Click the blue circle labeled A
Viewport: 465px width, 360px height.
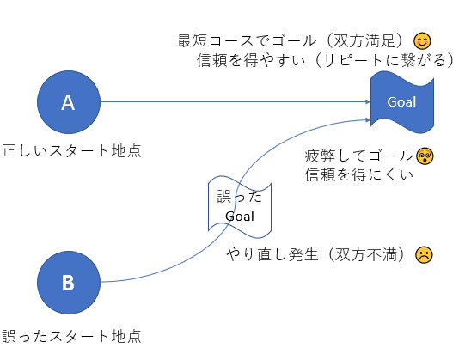[69, 102]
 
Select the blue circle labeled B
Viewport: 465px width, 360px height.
[69, 283]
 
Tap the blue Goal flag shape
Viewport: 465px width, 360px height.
[402, 102]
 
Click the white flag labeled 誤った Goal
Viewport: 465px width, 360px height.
[240, 207]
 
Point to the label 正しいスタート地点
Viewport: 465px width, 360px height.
[71, 150]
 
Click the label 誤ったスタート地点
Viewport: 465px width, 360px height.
[71, 336]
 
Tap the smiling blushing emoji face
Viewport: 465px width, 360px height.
[422, 41]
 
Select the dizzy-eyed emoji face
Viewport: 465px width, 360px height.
[425, 156]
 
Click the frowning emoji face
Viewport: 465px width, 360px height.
[424, 254]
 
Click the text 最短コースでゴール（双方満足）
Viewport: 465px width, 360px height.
[294, 40]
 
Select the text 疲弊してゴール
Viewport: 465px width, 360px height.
[359, 156]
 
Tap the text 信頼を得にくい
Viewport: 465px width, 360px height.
[358, 174]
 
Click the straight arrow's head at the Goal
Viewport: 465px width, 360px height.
[369, 102]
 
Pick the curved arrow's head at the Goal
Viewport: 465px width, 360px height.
[369, 119]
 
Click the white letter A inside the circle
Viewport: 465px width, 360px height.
[68, 102]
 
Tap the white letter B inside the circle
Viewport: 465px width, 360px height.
[68, 283]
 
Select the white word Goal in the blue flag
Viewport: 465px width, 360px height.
[401, 101]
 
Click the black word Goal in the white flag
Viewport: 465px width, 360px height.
[240, 216]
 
